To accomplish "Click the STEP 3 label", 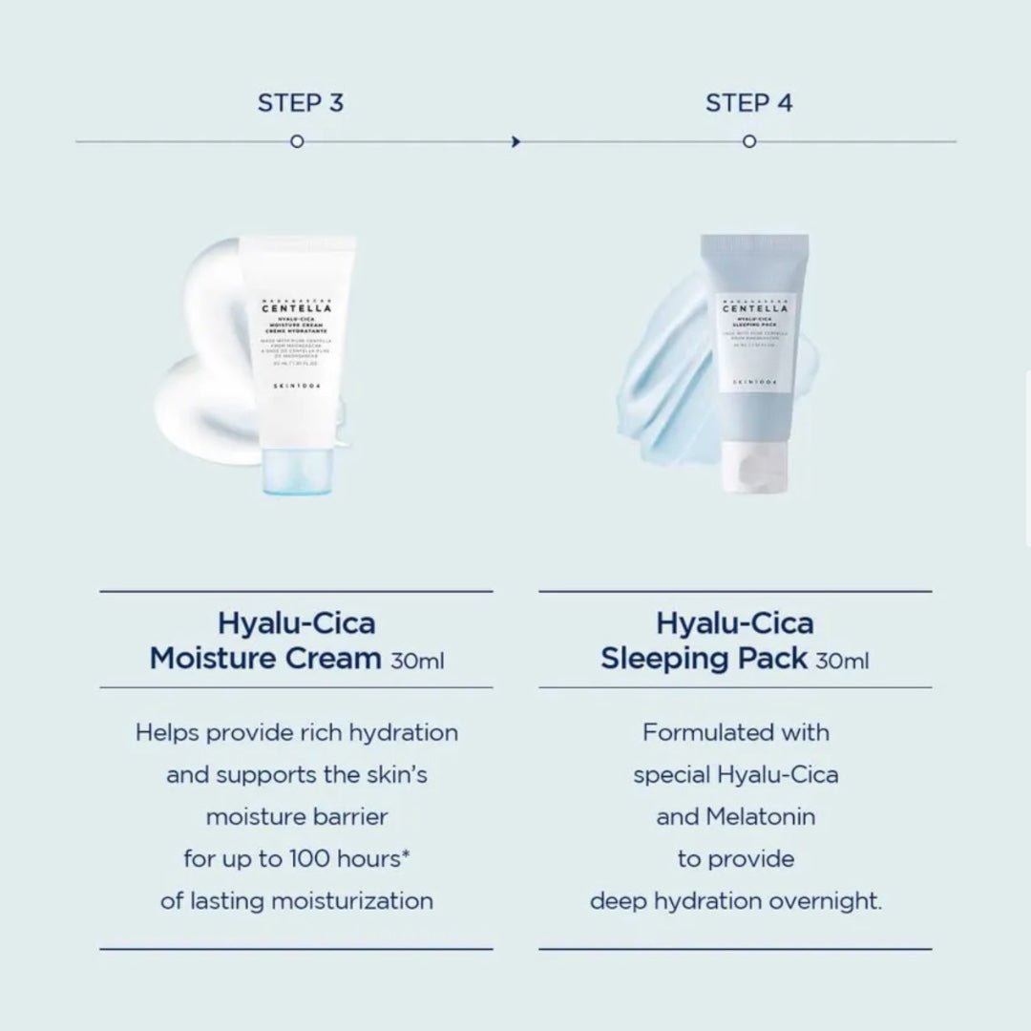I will tap(300, 103).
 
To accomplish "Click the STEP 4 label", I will tap(748, 103).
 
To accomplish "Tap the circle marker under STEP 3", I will tap(297, 142).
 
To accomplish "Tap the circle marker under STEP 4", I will tap(749, 142).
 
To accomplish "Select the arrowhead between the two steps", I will tap(516, 142).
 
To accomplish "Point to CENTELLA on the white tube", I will tap(298, 307).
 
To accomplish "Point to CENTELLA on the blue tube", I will tap(755, 308).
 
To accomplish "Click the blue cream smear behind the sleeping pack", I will tap(668, 382).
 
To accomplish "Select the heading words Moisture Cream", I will tap(264, 659).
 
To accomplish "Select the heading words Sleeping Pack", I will tap(705, 659).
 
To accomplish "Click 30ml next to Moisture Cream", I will tap(417, 661).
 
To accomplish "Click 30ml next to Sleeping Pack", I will tap(842, 661).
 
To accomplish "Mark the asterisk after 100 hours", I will tap(406, 853).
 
